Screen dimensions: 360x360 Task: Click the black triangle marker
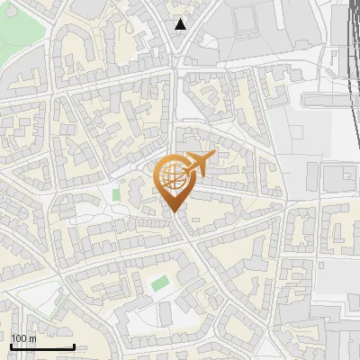(x=182, y=24)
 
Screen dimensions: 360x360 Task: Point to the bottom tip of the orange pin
(x=175, y=213)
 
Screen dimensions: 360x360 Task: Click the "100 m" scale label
(x=23, y=337)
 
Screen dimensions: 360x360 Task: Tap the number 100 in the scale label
(x=18, y=337)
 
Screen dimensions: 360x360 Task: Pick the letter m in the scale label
(x=32, y=337)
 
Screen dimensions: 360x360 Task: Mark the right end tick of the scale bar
(x=74, y=345)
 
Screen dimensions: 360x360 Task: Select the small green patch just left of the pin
(x=116, y=193)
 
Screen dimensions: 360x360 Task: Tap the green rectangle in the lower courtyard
(x=160, y=283)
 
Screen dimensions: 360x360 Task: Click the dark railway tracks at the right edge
(x=348, y=54)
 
